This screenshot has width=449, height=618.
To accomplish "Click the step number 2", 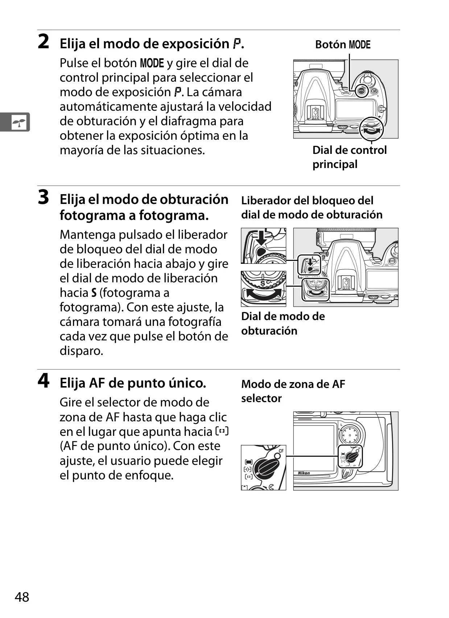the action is [43, 42].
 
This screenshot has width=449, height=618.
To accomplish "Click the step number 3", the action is [43, 197].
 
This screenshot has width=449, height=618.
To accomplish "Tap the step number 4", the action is [44, 381].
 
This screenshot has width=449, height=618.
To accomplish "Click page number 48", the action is [22, 597].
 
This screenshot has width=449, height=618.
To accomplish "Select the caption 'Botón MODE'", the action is [343, 45].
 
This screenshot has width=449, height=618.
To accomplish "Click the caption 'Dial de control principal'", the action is [349, 157].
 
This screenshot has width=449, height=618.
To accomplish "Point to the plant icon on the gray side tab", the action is [19, 122].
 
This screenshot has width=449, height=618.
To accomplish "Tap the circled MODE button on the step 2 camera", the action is [361, 91].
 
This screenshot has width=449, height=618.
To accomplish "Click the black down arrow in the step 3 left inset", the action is [261, 238].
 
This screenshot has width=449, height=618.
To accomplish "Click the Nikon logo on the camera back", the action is [304, 473].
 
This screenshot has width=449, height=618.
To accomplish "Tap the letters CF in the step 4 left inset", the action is [281, 451].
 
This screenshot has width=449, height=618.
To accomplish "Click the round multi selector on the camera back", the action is [350, 435].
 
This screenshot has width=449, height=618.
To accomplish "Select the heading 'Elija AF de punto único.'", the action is [133, 383].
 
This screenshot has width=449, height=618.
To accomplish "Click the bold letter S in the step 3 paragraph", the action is [94, 293].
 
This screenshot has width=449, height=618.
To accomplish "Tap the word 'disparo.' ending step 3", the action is [81, 351].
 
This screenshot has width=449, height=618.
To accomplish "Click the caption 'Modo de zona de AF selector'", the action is [293, 391].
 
